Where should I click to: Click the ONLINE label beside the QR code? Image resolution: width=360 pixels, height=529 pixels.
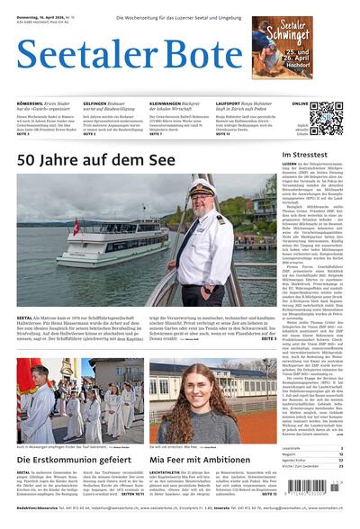[x=299, y=103]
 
